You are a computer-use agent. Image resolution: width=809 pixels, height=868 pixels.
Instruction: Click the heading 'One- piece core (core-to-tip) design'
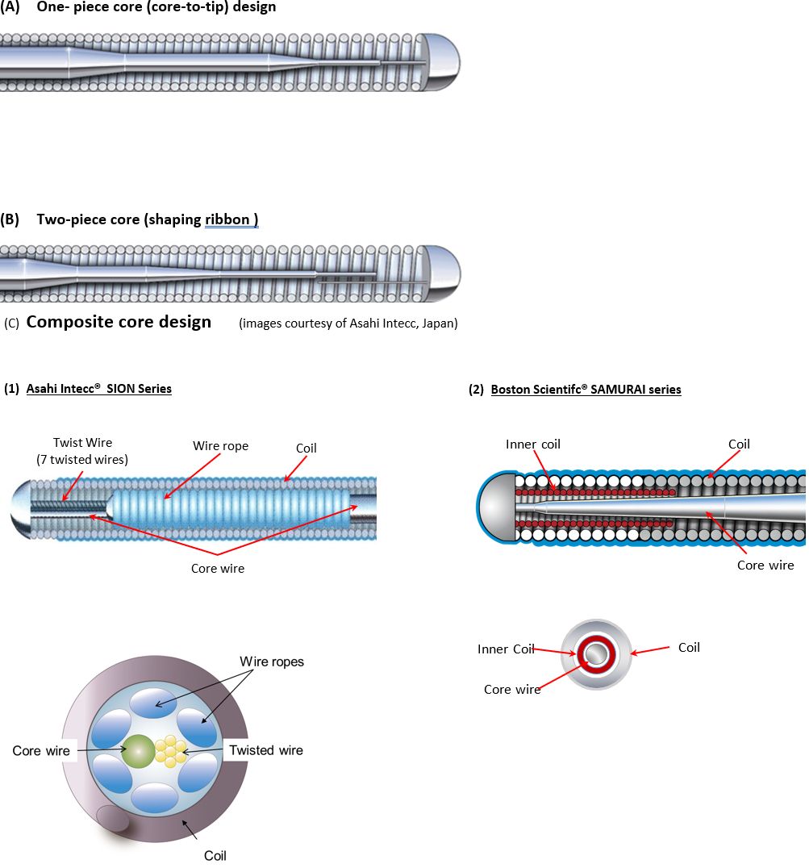tap(156, 7)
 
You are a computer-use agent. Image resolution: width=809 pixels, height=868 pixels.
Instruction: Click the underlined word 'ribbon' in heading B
tap(230, 219)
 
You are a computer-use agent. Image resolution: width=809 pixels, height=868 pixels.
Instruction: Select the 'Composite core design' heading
tap(119, 323)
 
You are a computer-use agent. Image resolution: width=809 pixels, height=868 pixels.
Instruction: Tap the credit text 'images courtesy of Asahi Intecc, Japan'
tap(348, 324)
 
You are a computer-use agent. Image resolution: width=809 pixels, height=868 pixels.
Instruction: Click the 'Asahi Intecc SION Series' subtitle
tap(98, 389)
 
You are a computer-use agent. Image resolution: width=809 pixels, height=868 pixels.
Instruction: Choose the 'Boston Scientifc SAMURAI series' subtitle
tap(586, 390)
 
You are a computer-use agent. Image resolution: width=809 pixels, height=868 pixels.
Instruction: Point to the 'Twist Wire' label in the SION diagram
tap(82, 443)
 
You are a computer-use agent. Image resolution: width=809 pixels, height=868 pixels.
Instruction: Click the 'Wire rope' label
tap(220, 445)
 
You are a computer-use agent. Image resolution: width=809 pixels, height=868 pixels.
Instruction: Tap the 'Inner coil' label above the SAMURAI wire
tap(532, 444)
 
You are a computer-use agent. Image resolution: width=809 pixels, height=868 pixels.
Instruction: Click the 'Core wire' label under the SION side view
tap(217, 569)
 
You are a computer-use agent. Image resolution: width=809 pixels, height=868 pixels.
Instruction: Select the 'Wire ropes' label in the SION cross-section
tap(271, 662)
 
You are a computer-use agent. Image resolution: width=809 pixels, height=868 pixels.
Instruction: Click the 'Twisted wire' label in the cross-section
tap(265, 750)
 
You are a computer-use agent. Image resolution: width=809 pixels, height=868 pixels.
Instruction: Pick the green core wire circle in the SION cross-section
tap(139, 750)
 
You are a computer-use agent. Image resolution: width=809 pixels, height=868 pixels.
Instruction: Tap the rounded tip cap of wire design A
tap(440, 62)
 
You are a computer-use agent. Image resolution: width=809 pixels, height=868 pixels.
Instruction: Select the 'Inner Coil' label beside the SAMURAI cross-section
tap(505, 649)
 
